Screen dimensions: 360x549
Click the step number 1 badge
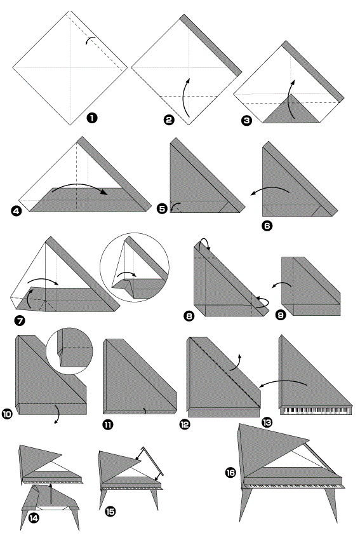point(92,118)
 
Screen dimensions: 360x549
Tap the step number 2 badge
point(169,120)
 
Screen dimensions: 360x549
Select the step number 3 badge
point(246,121)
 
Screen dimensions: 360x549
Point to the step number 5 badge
point(163,209)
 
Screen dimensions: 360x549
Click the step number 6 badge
point(267,226)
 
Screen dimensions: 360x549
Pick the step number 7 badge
point(20,320)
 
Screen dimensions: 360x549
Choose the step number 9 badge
point(281,315)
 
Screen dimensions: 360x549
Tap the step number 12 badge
point(184,424)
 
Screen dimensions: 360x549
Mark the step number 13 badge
point(267,423)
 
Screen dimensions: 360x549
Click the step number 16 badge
point(230,473)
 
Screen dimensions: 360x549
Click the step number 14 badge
point(34,518)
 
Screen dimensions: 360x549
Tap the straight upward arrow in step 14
point(51,493)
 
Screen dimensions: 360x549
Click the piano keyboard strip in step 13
point(316,410)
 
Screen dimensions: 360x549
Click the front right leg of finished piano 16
point(331,505)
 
